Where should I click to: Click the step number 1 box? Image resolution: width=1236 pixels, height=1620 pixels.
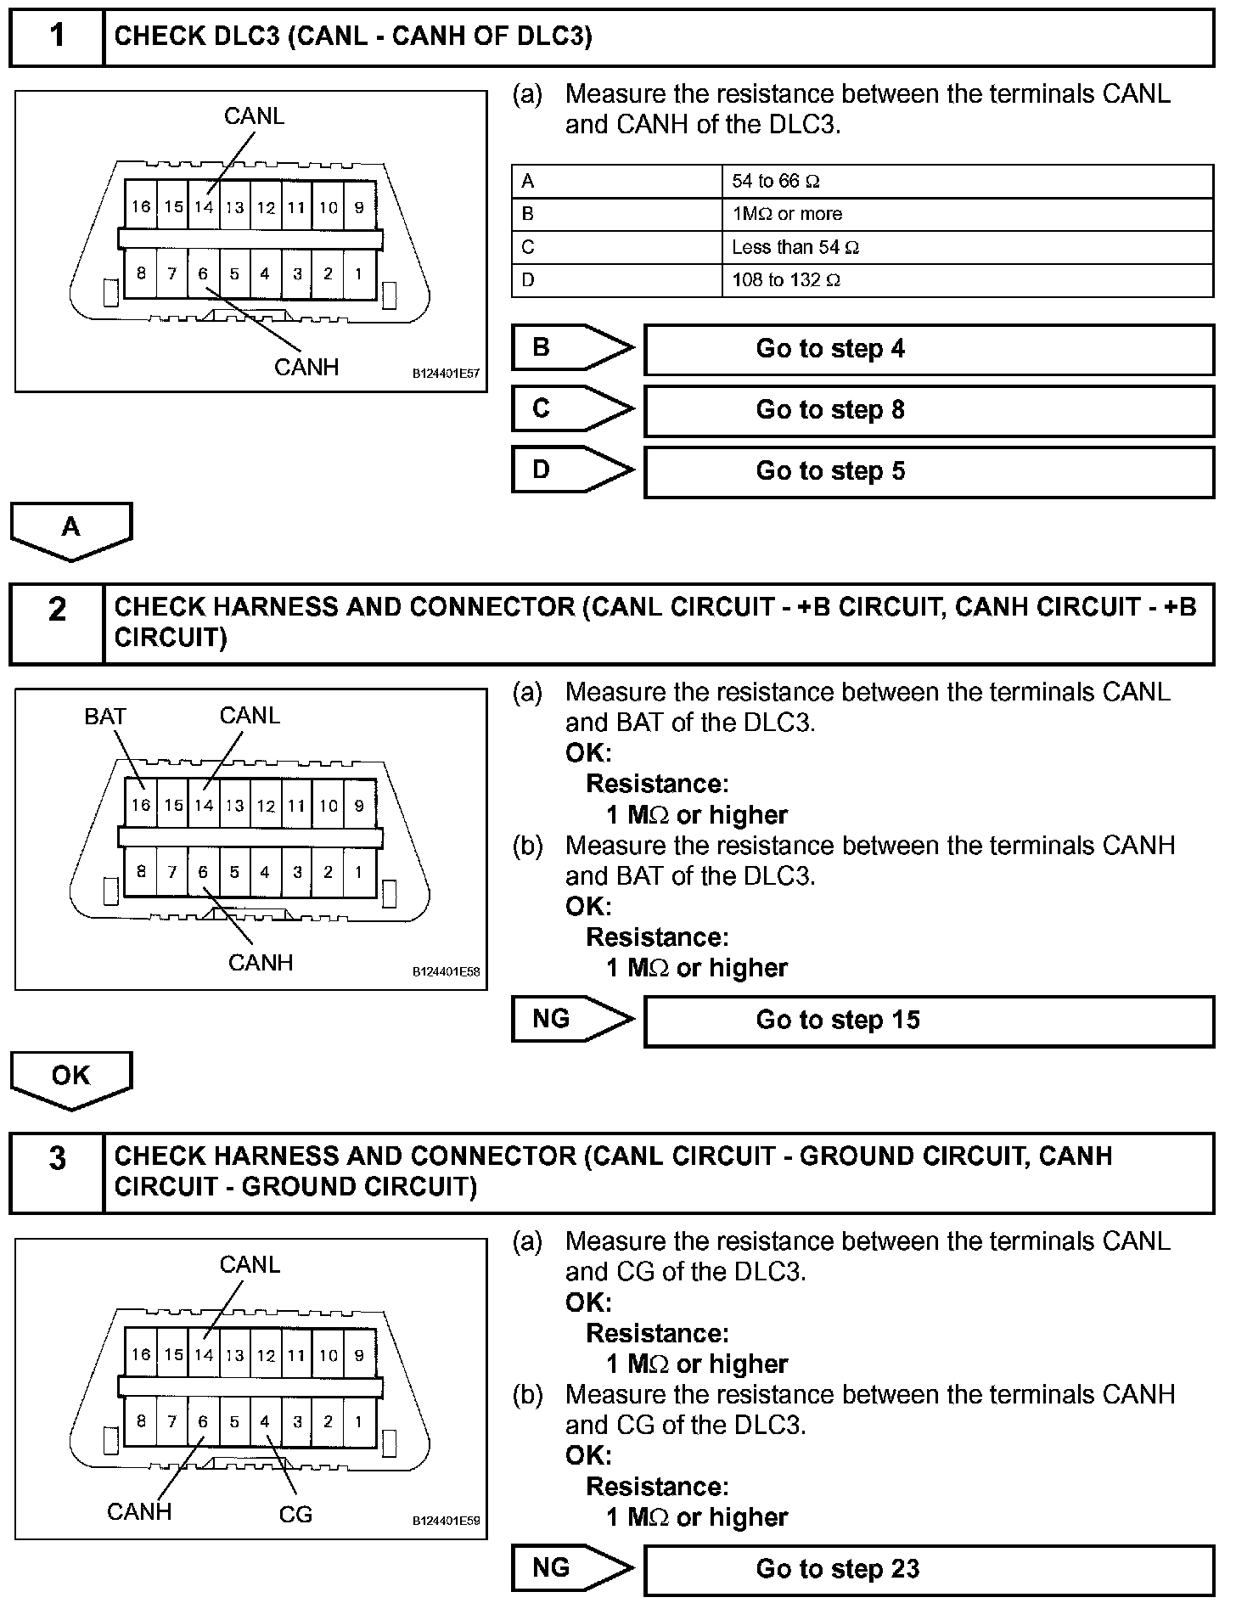pos(56,37)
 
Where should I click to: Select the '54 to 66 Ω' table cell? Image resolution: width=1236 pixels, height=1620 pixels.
pos(967,181)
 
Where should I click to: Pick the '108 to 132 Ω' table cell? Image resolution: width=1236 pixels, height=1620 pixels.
pos(967,280)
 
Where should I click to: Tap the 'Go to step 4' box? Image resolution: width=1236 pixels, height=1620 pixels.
pos(929,349)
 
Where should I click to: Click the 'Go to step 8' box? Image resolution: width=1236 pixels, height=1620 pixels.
pos(929,410)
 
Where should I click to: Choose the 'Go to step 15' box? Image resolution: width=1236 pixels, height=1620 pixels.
pos(929,1020)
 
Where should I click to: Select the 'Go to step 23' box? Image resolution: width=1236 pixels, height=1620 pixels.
pos(929,1569)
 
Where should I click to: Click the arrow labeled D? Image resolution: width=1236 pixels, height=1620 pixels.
pos(571,470)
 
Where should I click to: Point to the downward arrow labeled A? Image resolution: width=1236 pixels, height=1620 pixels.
pos(71,531)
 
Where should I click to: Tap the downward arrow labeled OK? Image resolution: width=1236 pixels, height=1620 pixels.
pos(71,1079)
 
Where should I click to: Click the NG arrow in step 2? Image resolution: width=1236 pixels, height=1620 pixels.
pos(571,1019)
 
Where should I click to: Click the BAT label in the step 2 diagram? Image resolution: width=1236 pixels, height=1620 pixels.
pos(105,717)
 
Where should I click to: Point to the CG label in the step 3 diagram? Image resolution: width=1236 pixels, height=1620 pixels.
pos(295,1514)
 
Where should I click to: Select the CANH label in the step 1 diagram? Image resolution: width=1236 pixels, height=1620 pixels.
pos(306,368)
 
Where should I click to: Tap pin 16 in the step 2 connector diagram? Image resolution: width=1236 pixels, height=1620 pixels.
pos(141,805)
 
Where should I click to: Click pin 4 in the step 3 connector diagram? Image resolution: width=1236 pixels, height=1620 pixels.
pos(265,1421)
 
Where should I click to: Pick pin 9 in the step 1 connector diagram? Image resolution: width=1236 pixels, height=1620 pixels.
pos(359,206)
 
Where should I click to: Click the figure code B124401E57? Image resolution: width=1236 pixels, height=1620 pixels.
pos(446,374)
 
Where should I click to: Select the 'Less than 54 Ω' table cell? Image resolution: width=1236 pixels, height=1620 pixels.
pos(967,247)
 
